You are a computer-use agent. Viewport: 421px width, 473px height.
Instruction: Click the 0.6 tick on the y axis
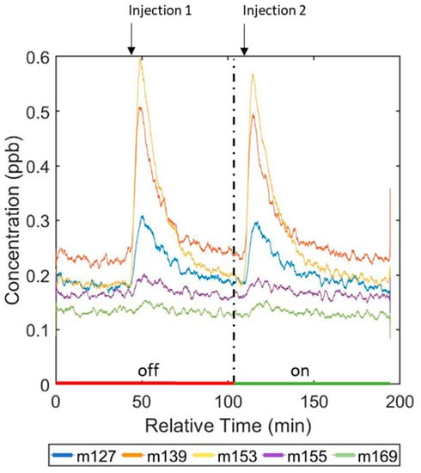[x=36, y=58]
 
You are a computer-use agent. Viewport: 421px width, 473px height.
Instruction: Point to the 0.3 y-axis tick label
[x=36, y=221]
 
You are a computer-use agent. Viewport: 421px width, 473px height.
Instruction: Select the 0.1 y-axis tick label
[x=36, y=330]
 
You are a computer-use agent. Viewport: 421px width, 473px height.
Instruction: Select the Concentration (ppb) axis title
[x=14, y=220]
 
